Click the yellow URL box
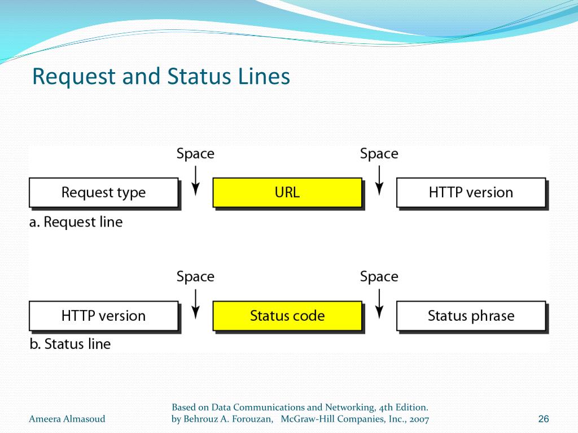click(287, 192)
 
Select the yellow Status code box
click(287, 316)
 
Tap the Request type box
click(103, 192)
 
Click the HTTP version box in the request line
click(471, 192)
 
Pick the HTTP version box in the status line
click(103, 316)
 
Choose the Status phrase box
click(471, 316)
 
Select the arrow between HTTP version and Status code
click(195, 304)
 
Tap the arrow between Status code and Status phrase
click(379, 304)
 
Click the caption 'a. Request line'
click(76, 222)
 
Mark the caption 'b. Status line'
click(70, 344)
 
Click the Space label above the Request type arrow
click(195, 154)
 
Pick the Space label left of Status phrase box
click(379, 277)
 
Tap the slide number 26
click(544, 419)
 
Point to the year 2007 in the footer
click(418, 419)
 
